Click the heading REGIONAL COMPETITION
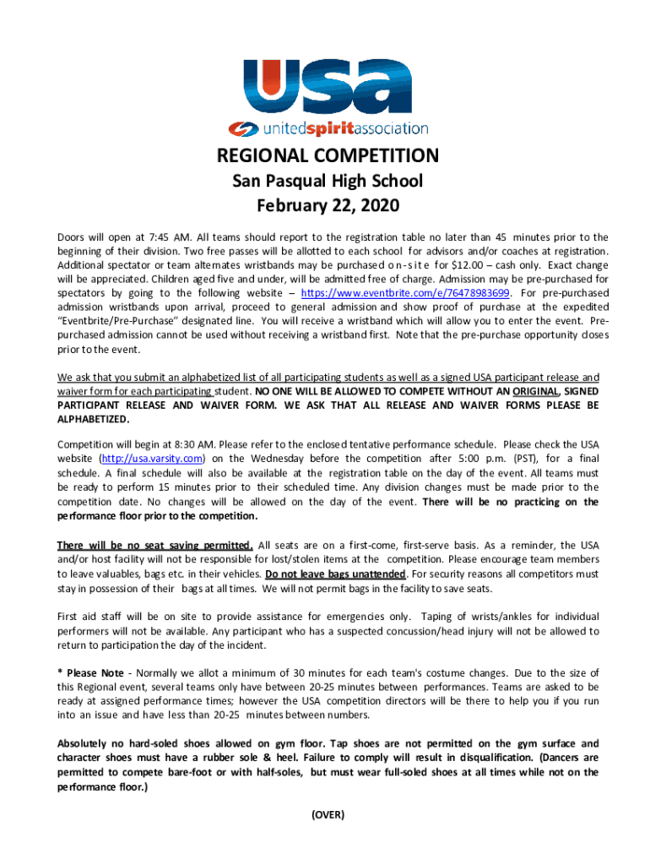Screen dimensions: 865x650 coord(328,156)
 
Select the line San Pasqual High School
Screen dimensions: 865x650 coord(328,181)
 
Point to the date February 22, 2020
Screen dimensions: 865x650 coord(328,205)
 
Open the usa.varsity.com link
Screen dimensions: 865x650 coord(152,459)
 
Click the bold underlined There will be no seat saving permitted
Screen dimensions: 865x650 coord(154,544)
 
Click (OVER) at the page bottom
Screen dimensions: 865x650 coord(328,814)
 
